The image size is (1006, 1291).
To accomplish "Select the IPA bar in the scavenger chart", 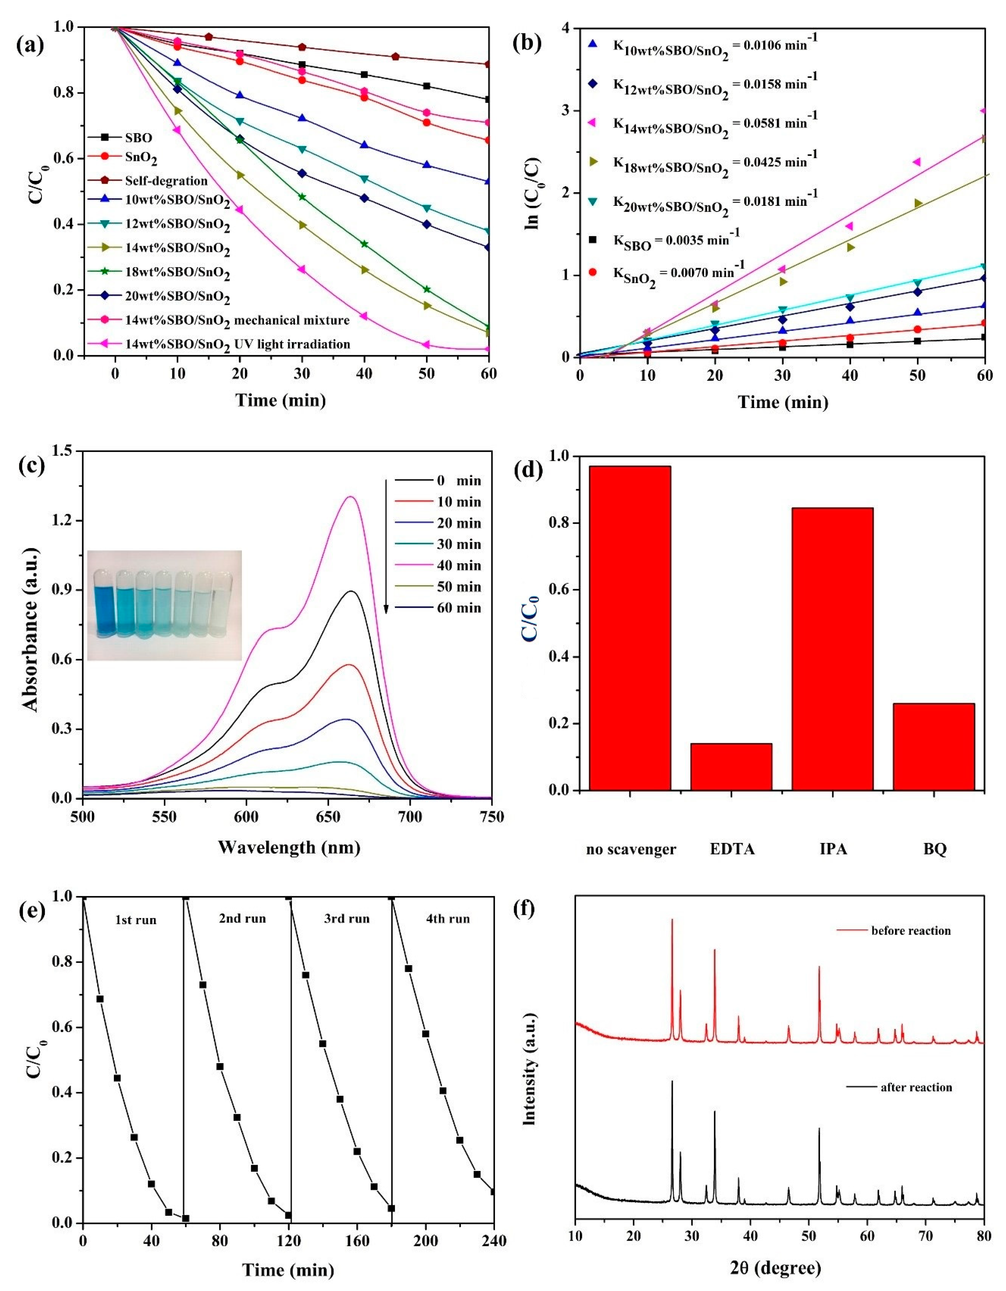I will (832, 649).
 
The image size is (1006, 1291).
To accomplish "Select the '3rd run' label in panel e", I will (347, 919).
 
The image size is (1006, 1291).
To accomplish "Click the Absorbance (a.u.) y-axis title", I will (31, 626).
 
